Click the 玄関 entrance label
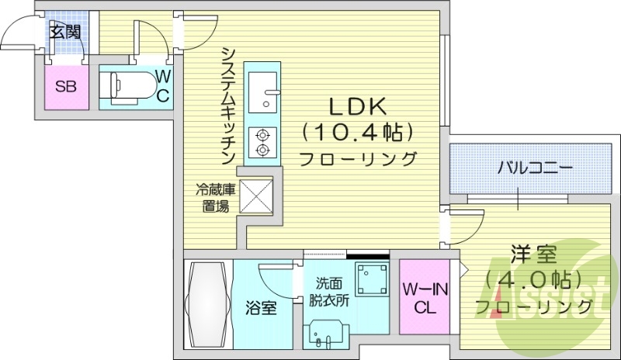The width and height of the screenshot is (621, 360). (x=65, y=32)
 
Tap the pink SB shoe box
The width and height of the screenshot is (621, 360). (x=65, y=86)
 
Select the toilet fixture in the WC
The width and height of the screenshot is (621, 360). (x=128, y=86)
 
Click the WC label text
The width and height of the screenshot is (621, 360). (x=164, y=85)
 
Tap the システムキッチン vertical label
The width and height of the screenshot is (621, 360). (x=228, y=104)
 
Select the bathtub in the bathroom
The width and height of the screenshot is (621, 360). (x=209, y=305)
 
